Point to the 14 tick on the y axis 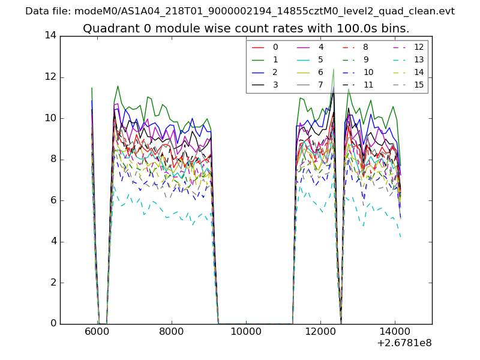click(50, 35)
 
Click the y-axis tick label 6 click(53, 200)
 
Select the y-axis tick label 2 click(53, 283)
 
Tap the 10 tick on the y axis click(50, 118)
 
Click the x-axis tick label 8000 click(172, 331)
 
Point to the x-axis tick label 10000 click(246, 331)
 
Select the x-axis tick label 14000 click(395, 331)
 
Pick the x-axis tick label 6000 click(97, 331)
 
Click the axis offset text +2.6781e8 click(403, 344)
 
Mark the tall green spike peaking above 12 click(334, 70)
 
